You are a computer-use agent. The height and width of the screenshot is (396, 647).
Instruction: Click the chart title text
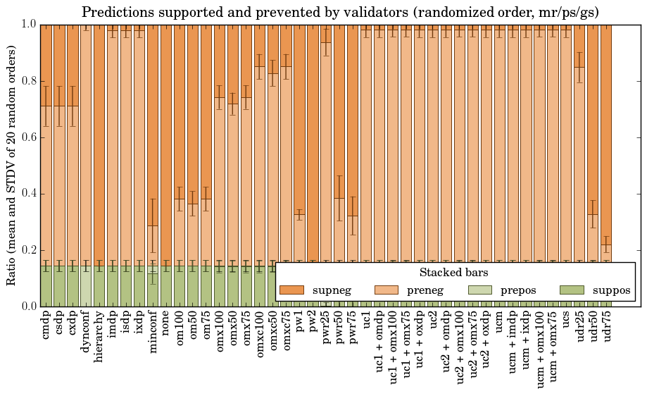tap(340, 12)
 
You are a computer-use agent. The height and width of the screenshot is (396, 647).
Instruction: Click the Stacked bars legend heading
tap(454, 272)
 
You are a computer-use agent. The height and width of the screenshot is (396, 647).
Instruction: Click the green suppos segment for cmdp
tap(46, 285)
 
